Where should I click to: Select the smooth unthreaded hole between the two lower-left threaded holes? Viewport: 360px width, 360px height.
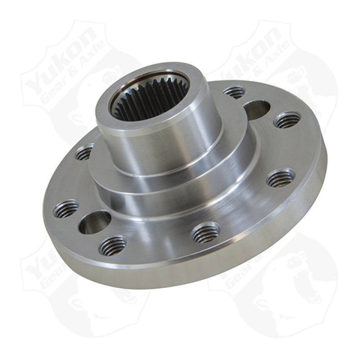click(94, 222)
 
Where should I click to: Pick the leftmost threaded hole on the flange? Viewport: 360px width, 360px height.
click(66, 209)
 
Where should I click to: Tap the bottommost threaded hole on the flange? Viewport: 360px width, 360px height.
click(112, 246)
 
